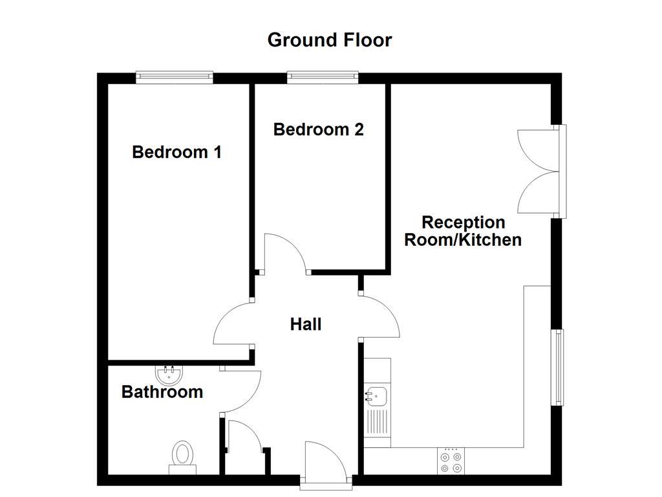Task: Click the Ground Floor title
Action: pos(330,40)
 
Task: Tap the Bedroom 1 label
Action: pos(176,152)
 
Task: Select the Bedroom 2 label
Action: pos(319,129)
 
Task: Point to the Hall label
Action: pos(306,324)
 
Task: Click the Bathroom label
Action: pos(162,392)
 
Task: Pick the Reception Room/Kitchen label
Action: pos(463,231)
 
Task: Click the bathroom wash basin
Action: pos(170,373)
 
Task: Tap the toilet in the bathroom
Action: pos(183,454)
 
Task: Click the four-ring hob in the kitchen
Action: pos(451,461)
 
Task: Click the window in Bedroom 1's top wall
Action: pos(175,78)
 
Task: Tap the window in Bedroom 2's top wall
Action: pos(323,78)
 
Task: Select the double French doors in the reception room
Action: pos(540,171)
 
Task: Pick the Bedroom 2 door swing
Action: pos(284,252)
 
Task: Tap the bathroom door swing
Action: pos(240,392)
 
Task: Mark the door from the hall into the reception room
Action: pos(381,317)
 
